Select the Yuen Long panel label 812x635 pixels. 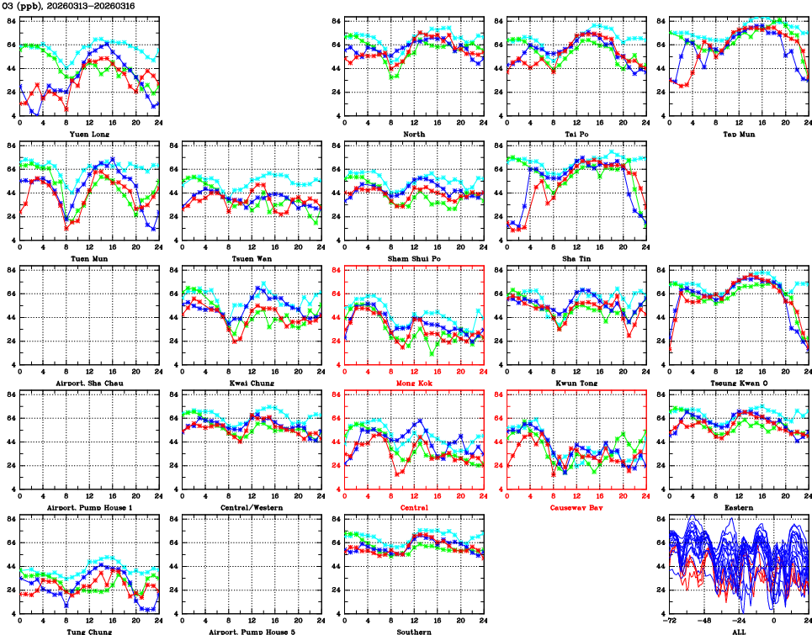tap(89, 134)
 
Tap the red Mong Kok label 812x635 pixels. tap(414, 383)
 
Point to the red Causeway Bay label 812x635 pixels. tap(576, 507)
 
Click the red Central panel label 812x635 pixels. tap(414, 507)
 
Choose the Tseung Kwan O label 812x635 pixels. tap(739, 383)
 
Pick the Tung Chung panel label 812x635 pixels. tap(88, 631)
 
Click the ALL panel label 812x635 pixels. tap(739, 631)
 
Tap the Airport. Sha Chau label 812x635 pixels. tap(88, 383)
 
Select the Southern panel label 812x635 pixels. tap(414, 631)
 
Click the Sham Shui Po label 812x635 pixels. tap(414, 258)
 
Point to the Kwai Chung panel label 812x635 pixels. tap(252, 383)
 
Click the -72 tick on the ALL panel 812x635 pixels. tap(670, 620)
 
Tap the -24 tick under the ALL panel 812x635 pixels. tap(739, 620)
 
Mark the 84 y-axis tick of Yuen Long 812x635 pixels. tap(12, 20)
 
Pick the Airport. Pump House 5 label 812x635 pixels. tap(252, 631)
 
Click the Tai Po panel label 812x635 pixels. tap(576, 134)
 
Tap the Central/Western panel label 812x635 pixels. tap(252, 507)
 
